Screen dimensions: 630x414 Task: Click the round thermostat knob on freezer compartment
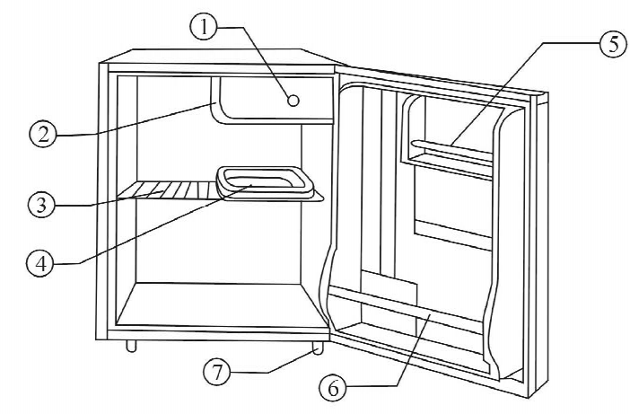point(293,100)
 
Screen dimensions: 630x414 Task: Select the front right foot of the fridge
point(317,346)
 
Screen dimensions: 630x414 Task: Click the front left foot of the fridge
point(132,346)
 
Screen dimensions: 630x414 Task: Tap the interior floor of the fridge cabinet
point(220,304)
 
